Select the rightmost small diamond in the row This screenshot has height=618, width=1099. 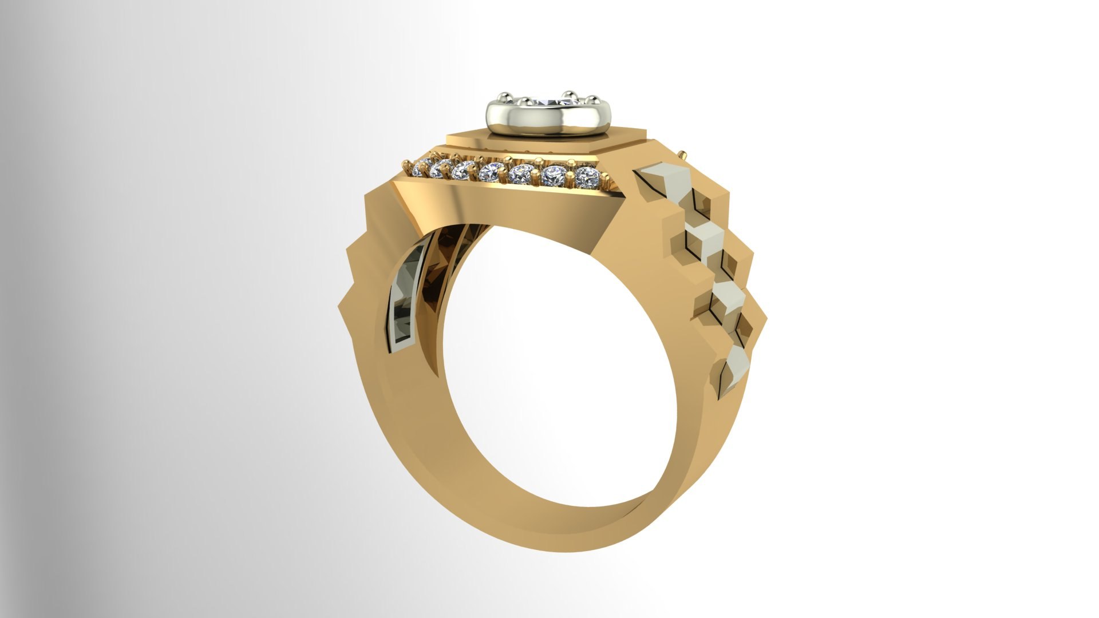pyautogui.click(x=585, y=177)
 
